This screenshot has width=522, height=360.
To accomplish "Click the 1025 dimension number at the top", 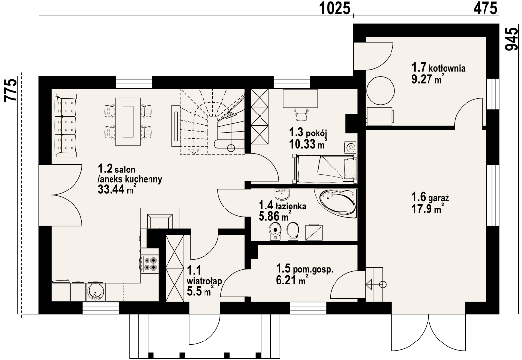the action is [335, 9].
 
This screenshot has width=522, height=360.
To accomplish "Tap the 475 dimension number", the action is [485, 9].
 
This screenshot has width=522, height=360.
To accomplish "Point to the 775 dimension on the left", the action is [10, 90].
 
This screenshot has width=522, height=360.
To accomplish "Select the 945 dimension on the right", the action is [512, 38].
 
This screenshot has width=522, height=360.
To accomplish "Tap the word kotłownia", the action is [447, 69].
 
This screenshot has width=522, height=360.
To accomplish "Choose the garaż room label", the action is [438, 198].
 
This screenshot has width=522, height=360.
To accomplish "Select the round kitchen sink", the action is [95, 292].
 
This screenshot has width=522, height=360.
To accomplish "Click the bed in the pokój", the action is [325, 169].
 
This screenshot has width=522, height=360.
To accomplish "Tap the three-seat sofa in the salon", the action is [66, 125].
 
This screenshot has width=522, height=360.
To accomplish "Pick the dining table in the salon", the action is [128, 122].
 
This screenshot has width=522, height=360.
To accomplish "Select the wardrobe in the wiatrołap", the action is [175, 268].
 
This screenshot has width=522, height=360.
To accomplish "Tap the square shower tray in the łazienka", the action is [314, 232].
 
